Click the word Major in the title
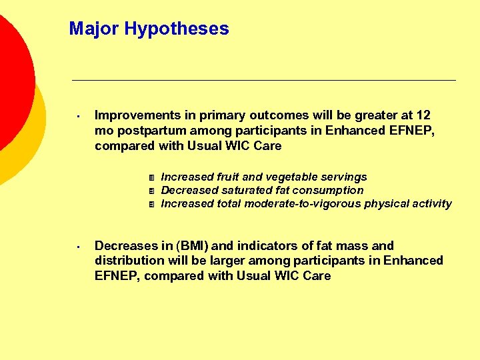[93, 29]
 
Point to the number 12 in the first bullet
[423, 115]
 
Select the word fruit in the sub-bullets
[231, 177]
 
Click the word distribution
[127, 260]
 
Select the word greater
[369, 115]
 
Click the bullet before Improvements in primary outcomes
[78, 116]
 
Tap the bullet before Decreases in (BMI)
[78, 247]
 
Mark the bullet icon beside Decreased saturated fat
[152, 191]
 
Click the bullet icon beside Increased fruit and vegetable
[152, 177]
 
